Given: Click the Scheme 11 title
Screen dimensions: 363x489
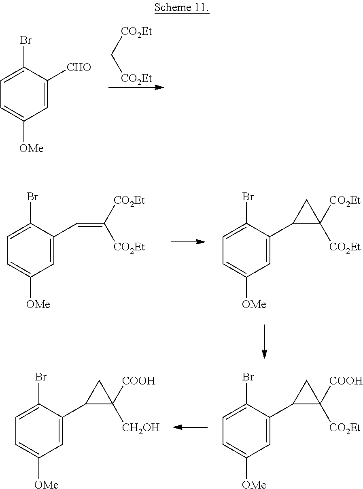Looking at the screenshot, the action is (181, 8).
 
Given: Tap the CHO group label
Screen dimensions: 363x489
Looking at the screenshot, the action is (79, 67).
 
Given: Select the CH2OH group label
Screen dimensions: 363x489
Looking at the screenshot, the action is (140, 428).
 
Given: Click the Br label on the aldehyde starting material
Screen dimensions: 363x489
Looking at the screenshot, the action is (26, 41).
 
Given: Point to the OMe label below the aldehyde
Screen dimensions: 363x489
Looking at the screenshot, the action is (31, 148).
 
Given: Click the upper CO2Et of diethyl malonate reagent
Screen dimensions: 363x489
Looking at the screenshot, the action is (136, 32).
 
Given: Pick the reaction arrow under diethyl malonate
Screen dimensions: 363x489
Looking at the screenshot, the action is (136, 87).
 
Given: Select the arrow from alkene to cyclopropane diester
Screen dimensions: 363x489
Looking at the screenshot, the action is (188, 242).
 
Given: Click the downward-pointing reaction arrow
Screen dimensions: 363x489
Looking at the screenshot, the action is (264, 342).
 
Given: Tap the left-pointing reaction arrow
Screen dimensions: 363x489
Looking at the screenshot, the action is (190, 427).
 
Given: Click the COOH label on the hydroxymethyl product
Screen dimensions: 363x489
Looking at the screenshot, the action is (139, 381).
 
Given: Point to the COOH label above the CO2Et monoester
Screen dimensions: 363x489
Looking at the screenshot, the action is (346, 381).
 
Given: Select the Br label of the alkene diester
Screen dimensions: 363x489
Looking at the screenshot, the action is (32, 196).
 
